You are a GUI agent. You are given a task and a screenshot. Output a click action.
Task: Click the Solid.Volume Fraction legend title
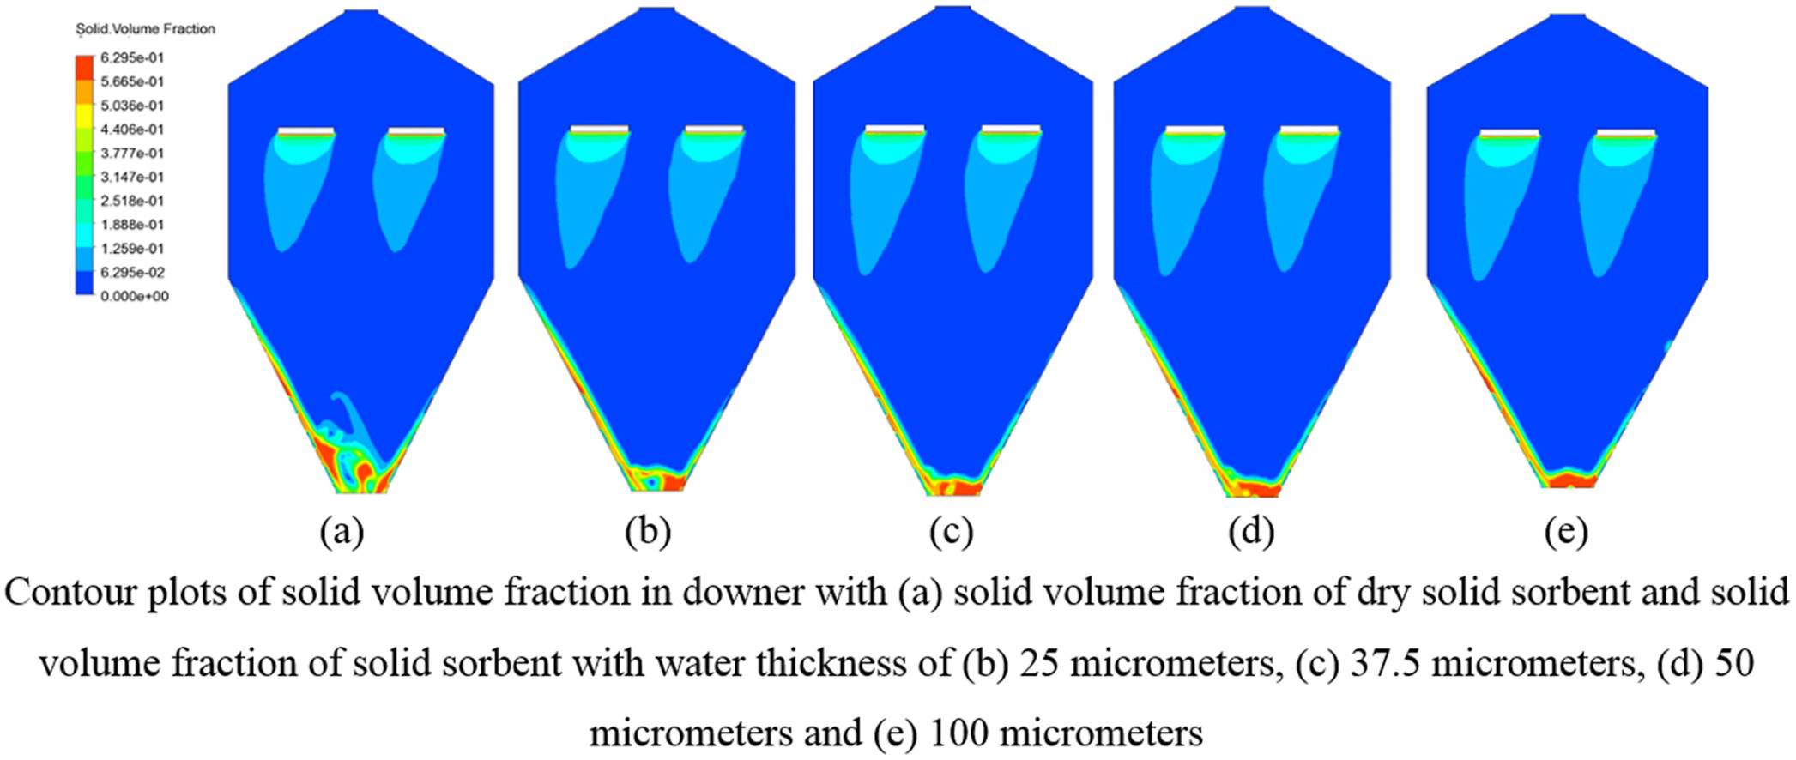click(146, 29)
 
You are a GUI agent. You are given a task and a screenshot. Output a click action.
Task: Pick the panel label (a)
click(342, 532)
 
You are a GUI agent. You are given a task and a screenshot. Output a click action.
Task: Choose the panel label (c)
click(951, 532)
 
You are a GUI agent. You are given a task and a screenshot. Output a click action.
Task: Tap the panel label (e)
click(1566, 532)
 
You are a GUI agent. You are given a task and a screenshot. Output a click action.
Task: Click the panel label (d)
click(1251, 532)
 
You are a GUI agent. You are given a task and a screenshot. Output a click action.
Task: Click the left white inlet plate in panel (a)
click(306, 131)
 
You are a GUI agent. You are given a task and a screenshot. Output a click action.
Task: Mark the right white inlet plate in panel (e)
click(1626, 132)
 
